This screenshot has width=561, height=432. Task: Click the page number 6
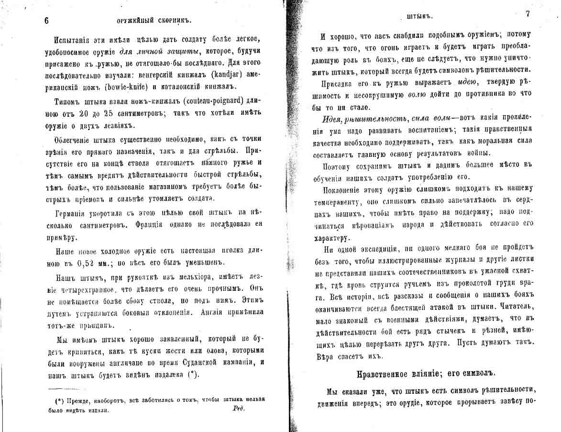(x=46, y=20)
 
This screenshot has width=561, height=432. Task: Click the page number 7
(x=528, y=14)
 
